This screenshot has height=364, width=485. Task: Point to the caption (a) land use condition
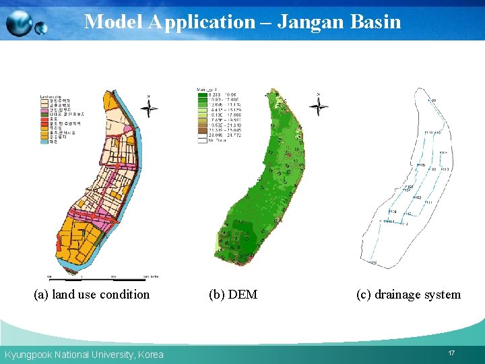92,295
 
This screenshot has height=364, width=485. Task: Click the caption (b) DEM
233,295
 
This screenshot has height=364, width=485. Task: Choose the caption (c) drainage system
408,295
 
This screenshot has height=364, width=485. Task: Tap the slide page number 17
451,353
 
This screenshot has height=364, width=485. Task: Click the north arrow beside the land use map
150,107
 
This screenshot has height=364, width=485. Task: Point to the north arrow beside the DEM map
319,105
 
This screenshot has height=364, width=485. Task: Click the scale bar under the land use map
101,276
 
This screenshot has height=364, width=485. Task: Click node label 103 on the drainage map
416,198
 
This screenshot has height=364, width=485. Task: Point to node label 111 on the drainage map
429,202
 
